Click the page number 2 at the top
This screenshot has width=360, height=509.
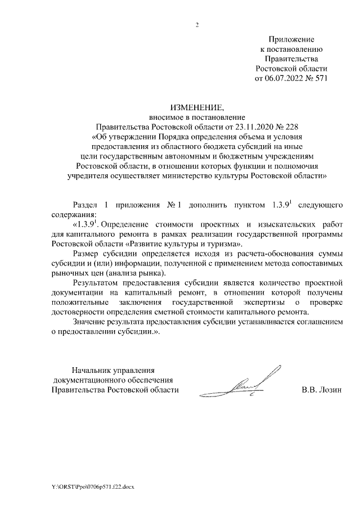197,25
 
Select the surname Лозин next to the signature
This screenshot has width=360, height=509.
330,389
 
